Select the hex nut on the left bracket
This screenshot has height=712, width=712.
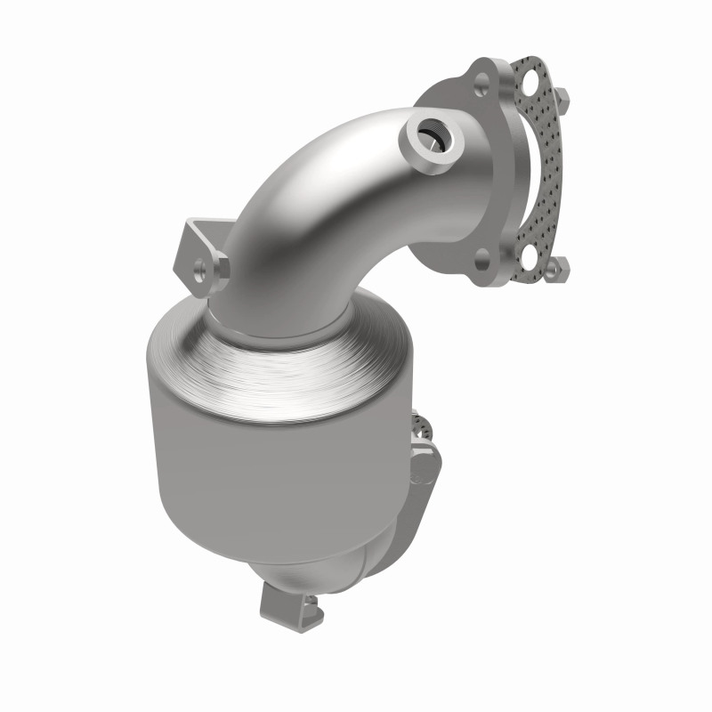click(218, 267)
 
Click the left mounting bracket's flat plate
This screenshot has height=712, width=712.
click(196, 249)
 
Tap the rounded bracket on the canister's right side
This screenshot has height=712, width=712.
click(427, 463)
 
